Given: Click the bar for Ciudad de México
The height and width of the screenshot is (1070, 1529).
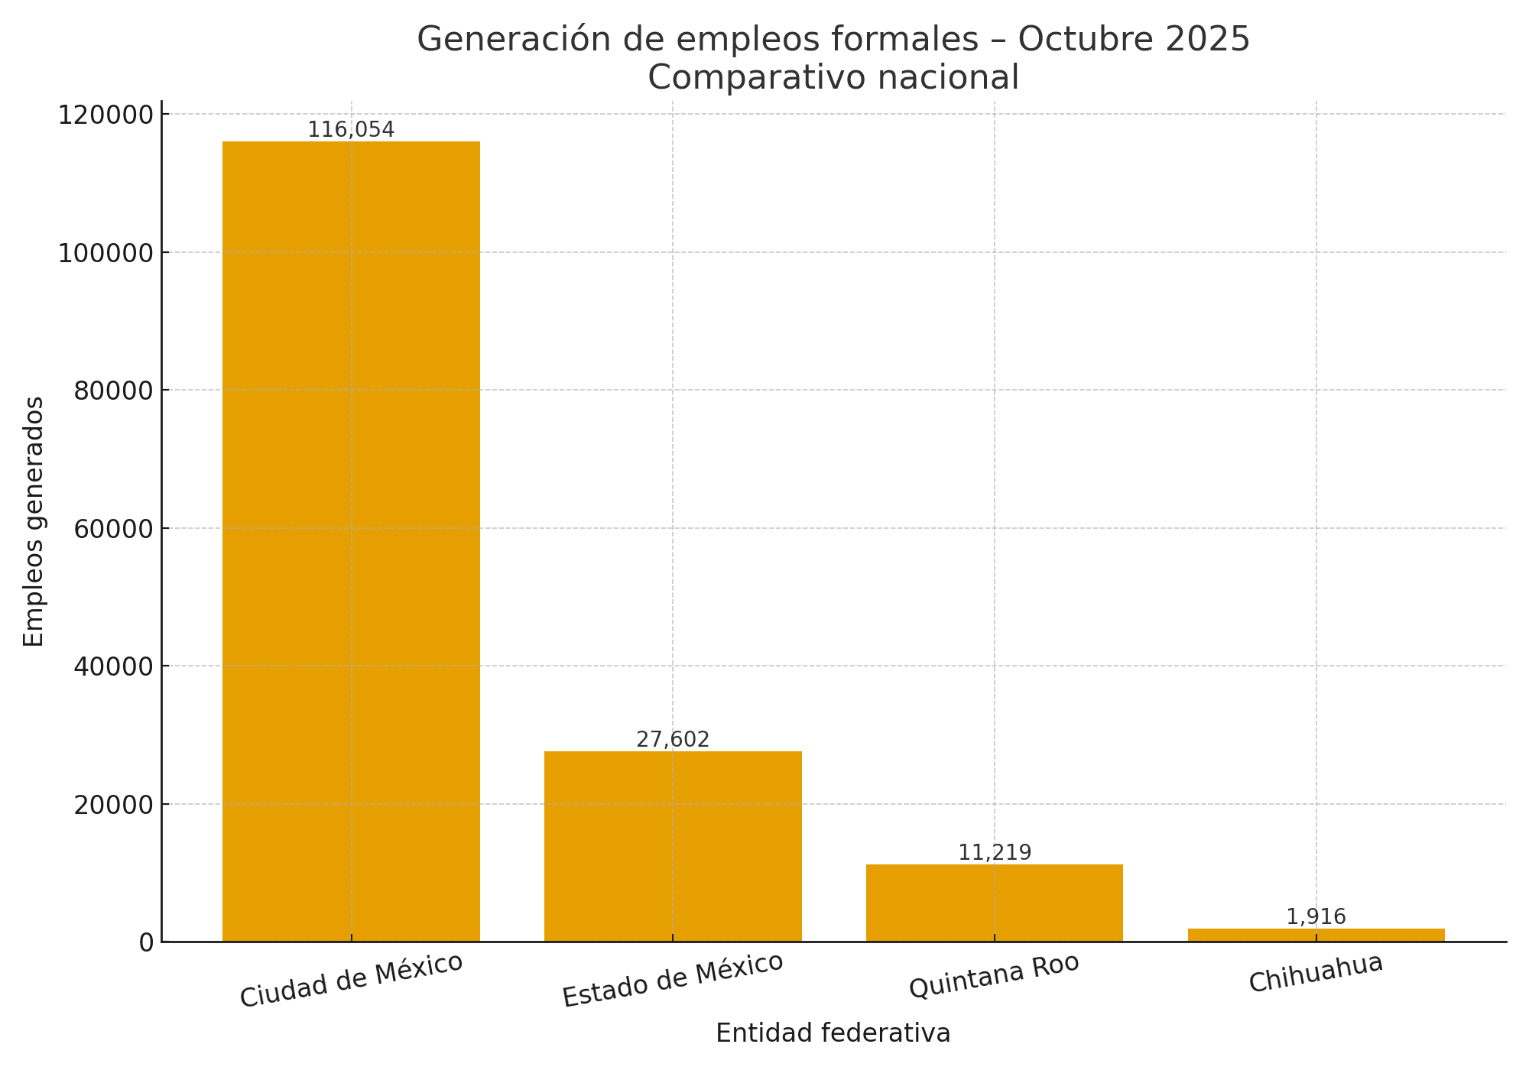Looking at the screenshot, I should click(351, 541).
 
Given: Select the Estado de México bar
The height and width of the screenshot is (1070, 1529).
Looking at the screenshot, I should click(673, 846).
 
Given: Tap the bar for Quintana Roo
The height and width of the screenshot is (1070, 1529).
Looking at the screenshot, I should click(995, 903).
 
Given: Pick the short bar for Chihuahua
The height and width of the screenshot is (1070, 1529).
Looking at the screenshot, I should click(1316, 935).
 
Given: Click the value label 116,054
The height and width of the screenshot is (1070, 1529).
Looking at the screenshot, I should click(351, 130).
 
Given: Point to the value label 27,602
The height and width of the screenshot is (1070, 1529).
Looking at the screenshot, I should click(673, 740).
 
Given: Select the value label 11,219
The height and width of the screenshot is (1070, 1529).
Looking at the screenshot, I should click(995, 853).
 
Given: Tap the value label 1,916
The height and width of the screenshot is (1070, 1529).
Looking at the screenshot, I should click(1316, 917).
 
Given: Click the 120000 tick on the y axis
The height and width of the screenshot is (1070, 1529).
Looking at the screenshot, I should click(106, 115).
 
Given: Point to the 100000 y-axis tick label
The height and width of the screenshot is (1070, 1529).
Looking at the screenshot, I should click(106, 253).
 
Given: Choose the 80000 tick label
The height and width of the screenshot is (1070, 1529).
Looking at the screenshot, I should click(113, 391).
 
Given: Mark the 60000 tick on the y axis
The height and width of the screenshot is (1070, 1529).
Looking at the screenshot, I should click(113, 529).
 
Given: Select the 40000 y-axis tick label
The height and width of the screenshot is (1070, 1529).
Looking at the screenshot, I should click(113, 666).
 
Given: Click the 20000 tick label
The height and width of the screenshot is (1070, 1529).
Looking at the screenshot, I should click(113, 805).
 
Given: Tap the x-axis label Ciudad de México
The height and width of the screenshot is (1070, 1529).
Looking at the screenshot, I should click(351, 981).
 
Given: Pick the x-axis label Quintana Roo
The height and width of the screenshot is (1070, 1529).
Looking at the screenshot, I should click(994, 976).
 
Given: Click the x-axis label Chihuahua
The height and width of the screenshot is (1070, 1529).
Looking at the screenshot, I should click(1316, 973).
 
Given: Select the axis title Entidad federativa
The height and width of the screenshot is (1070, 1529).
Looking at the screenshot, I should click(833, 1033).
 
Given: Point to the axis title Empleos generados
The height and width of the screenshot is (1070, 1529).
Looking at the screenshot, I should click(34, 521).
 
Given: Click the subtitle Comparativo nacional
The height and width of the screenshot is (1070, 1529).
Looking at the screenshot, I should click(833, 78).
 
